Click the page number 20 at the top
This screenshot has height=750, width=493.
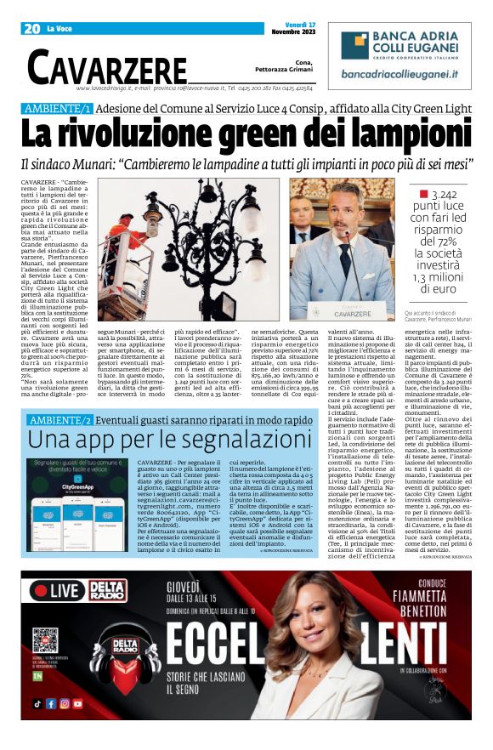click(x=32, y=29)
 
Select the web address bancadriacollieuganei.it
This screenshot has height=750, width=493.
click(x=401, y=75)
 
